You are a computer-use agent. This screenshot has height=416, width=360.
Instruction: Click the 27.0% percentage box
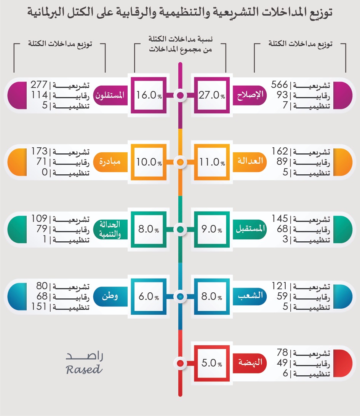[212, 96]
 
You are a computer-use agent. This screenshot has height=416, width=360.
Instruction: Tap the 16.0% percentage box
[149, 96]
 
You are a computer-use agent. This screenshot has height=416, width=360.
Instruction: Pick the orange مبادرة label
[110, 161]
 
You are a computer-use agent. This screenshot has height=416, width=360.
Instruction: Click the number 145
[280, 219]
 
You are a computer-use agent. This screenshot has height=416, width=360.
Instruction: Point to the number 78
[282, 352]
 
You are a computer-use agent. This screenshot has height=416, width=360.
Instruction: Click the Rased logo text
[84, 369]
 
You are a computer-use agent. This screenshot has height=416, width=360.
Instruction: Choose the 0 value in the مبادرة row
[44, 172]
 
